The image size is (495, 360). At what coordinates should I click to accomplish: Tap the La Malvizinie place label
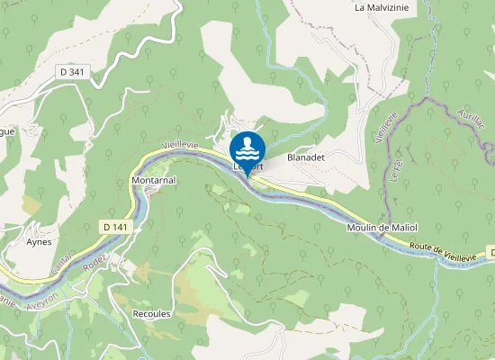pyautogui.click(x=383, y=7)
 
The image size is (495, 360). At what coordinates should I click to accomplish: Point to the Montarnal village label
pyautogui.click(x=153, y=181)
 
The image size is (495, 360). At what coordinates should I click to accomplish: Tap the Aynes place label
pyautogui.click(x=39, y=242)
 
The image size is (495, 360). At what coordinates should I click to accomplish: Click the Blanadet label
pyautogui.click(x=305, y=157)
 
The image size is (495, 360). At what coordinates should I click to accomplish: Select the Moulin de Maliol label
pyautogui.click(x=382, y=227)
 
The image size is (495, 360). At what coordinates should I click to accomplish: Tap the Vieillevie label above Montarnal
pyautogui.click(x=178, y=146)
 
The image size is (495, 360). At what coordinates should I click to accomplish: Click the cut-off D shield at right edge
pyautogui.click(x=491, y=251)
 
